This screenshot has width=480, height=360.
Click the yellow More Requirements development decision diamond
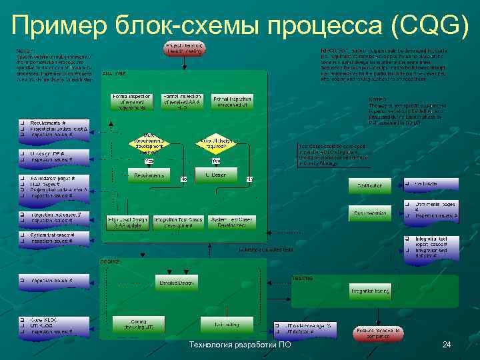coord(148,143)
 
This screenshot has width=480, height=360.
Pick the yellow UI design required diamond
coord(215,143)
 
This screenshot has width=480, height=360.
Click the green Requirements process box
coord(149,175)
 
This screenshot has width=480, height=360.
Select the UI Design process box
coord(215,175)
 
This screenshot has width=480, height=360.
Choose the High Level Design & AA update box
coord(128,223)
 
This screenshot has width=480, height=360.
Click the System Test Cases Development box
coord(231,223)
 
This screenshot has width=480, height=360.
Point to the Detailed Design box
coord(177,283)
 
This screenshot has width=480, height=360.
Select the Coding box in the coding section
coord(138,324)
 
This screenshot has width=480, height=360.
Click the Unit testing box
coord(227,324)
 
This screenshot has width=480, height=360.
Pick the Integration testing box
coord(370,291)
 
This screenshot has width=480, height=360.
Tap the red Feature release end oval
coord(377,333)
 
